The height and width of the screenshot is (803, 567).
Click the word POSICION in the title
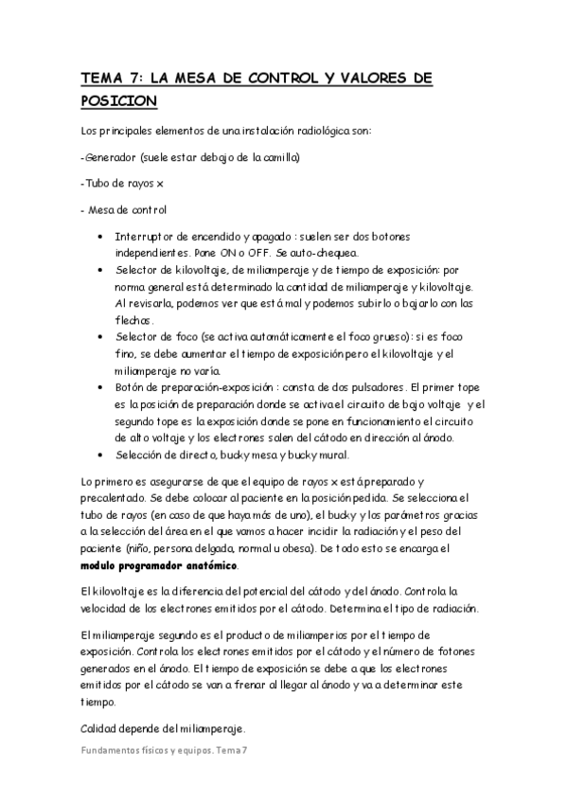point(119,99)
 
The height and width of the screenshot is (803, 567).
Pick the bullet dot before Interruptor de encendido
point(101,236)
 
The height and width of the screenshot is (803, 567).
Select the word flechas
point(135,320)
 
